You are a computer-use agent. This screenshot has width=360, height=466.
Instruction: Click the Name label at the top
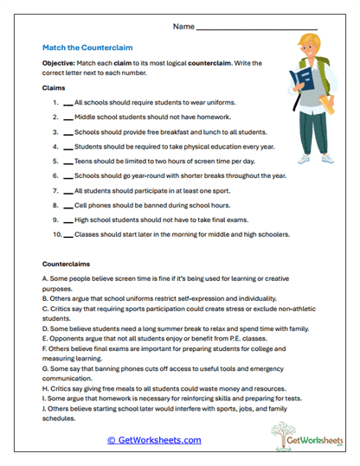coord(183,27)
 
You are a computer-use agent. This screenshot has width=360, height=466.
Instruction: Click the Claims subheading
coord(55,87)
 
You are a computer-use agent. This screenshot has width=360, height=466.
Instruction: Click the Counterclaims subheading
coord(67,263)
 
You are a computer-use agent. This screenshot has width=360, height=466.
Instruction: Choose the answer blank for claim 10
coord(67,234)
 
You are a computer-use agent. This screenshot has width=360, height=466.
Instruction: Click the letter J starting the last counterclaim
coord(44,409)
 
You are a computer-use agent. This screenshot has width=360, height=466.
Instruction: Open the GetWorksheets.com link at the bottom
coord(158,440)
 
